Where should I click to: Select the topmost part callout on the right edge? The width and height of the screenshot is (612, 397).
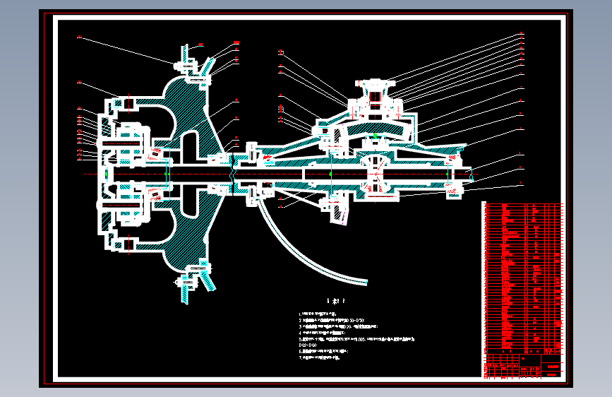[522, 34]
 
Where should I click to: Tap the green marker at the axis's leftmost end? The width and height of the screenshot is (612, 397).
[105, 174]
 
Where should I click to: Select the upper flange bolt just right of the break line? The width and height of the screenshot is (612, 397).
[251, 150]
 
